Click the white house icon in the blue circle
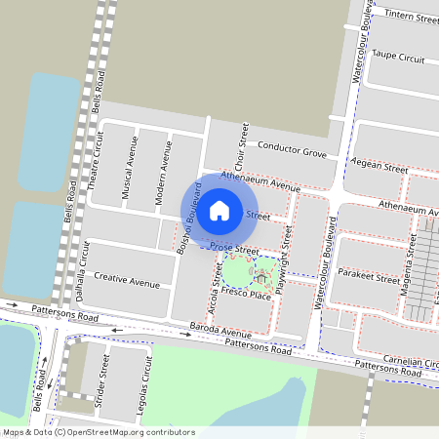[x=219, y=210]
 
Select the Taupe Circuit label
[x=399, y=59]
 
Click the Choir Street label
[x=239, y=150]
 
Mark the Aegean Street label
[x=379, y=168]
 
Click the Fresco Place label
[x=245, y=294]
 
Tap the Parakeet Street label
[x=374, y=275]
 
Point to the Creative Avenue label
[x=127, y=283]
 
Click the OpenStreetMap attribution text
[x=99, y=432]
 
